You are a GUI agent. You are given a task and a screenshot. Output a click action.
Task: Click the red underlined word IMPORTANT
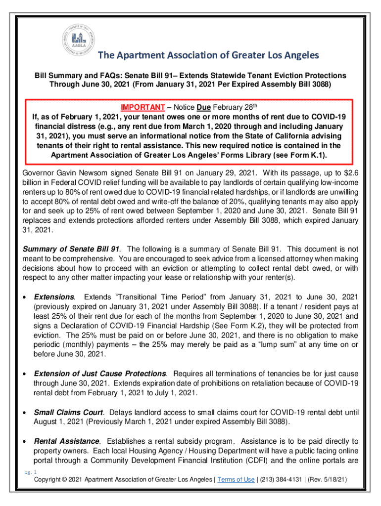(143, 107)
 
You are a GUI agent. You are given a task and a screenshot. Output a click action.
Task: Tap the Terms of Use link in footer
(236, 480)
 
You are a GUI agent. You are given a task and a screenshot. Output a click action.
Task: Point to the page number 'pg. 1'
(31, 472)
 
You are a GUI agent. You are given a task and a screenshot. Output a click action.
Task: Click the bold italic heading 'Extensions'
(54, 297)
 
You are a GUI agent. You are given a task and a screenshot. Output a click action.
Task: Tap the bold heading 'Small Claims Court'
(68, 412)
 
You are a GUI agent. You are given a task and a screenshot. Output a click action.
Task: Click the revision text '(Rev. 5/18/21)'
(331, 480)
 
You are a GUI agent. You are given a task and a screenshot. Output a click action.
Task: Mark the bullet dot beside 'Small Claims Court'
(25, 413)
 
